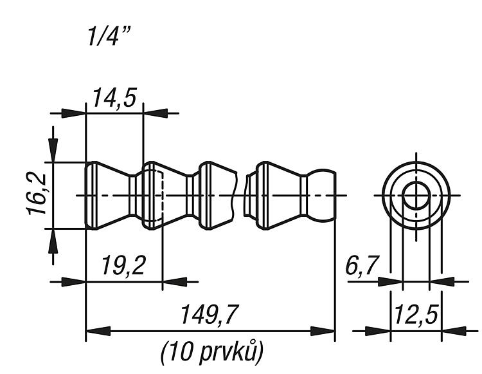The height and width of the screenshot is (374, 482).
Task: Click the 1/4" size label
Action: [109, 36]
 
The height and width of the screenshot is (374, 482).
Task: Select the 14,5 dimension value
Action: [114, 98]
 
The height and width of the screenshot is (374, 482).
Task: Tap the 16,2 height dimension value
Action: [37, 194]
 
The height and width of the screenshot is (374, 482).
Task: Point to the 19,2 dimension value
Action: [123, 265]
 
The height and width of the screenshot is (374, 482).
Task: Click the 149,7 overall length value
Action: [210, 315]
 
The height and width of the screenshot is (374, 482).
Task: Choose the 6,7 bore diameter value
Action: [361, 265]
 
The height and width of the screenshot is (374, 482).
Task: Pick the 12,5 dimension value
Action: [416, 315]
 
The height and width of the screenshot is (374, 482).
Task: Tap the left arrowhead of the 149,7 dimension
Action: [98, 332]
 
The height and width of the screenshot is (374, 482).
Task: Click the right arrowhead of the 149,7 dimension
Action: [323, 332]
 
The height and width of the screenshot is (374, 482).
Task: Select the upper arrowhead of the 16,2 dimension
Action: [53, 150]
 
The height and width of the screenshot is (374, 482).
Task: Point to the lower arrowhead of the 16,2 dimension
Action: [53, 241]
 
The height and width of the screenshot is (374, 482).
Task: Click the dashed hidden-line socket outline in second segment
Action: [163, 195]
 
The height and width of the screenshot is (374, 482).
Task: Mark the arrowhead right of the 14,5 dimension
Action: [156, 113]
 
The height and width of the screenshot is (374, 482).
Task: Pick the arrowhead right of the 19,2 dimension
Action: [175, 282]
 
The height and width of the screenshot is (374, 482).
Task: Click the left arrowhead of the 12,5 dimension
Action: [378, 332]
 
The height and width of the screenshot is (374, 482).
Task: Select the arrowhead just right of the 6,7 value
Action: [390, 282]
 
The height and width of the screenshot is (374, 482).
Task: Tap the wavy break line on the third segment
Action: [235, 195]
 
